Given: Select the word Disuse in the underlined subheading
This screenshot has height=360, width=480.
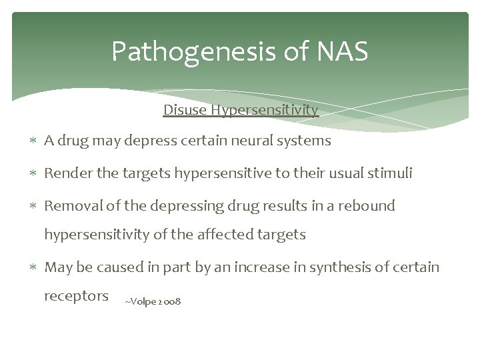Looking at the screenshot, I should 185,109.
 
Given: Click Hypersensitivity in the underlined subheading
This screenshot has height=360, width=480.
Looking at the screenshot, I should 265,109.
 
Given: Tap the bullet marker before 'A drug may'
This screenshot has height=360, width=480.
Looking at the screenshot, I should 34,141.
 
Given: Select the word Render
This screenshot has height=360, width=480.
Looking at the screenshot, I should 65,173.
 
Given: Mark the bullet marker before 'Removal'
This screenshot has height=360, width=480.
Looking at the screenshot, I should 34,207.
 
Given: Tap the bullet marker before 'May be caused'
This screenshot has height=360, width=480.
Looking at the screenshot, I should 34,268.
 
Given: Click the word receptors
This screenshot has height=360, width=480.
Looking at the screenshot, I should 76,296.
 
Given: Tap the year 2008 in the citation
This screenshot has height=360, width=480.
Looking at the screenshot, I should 169,302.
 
